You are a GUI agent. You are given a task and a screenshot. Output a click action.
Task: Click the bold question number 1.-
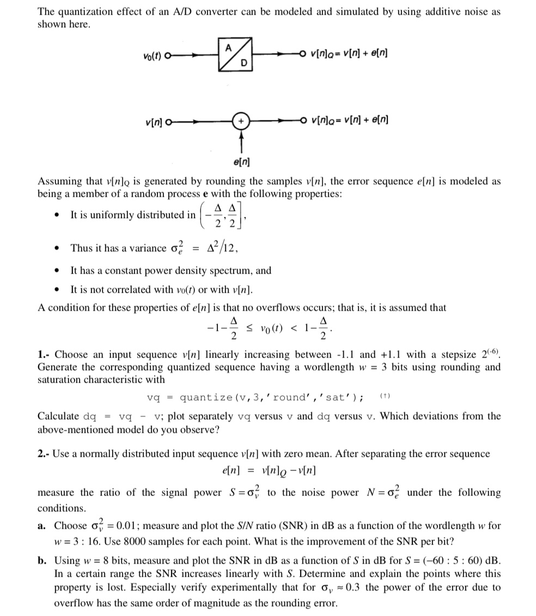(45, 354)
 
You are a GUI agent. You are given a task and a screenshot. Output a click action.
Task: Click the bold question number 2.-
(45, 454)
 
